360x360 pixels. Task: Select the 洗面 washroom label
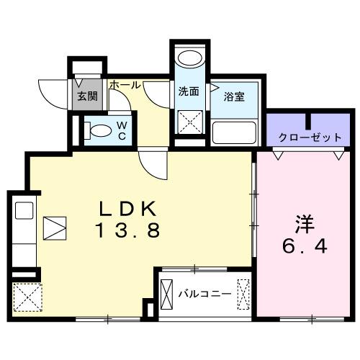189,91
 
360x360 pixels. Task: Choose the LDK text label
127,210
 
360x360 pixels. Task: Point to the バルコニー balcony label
205,293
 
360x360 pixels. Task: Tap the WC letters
122,130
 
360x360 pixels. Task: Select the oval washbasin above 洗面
191,60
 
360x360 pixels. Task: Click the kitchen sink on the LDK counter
24,212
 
